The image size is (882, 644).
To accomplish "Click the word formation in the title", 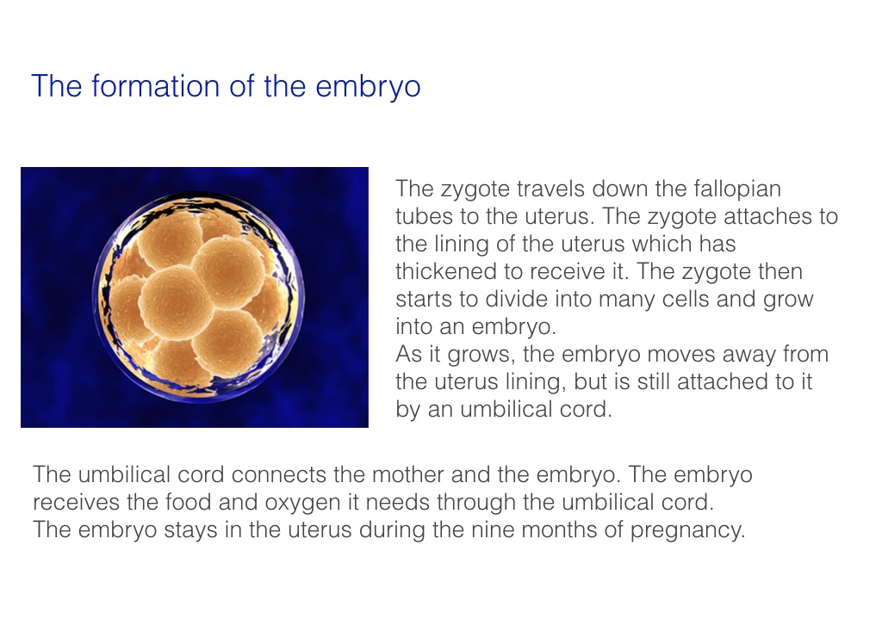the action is point(155,86).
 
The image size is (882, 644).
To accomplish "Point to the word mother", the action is point(407,474).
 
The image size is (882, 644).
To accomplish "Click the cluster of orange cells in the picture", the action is point(197,298).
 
